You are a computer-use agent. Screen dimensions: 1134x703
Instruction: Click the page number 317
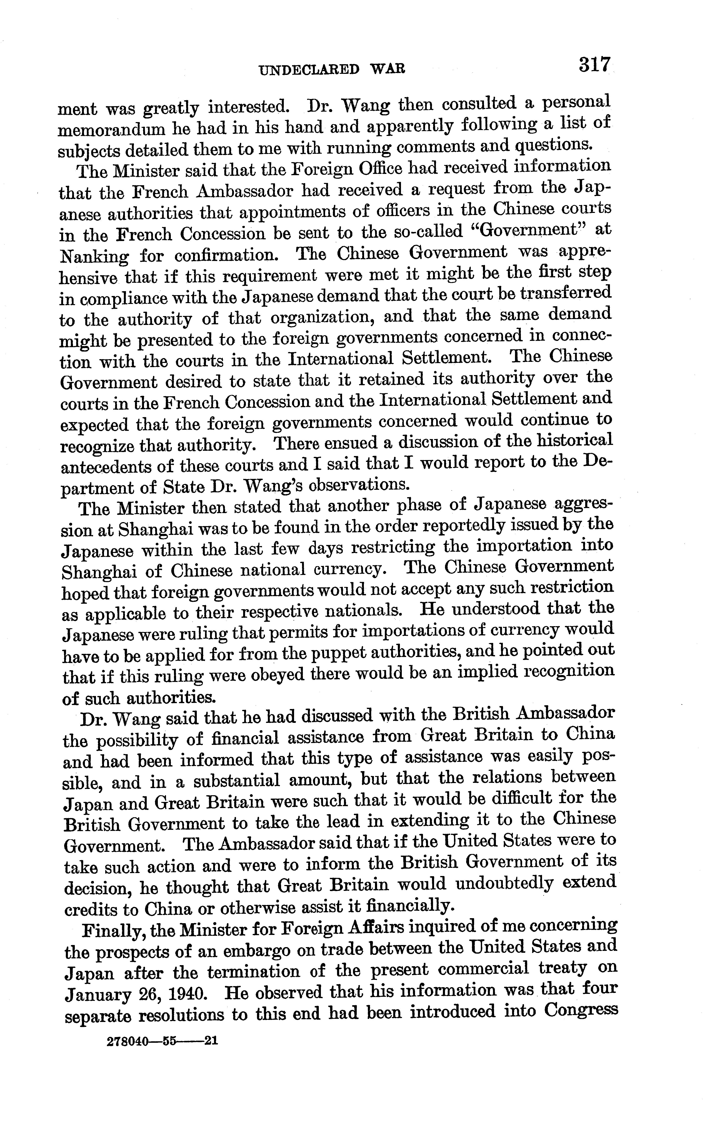594,64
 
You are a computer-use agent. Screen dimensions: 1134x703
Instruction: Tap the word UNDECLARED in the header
309,70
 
